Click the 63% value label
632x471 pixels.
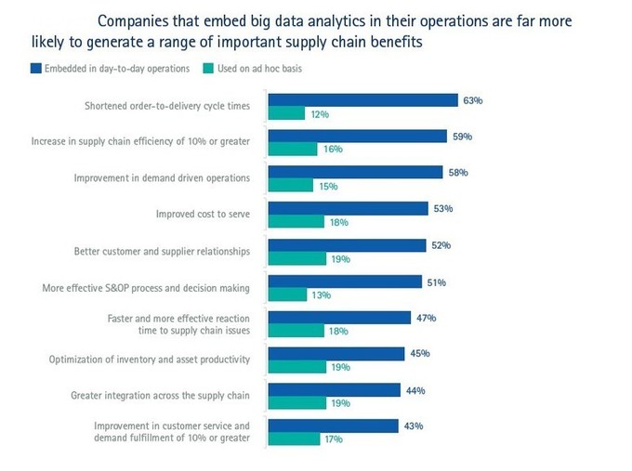coord(472,99)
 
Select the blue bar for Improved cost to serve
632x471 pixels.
coord(348,208)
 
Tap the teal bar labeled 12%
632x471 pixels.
coord(286,113)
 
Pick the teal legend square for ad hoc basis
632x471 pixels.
coord(209,68)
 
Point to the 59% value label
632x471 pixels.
coord(462,136)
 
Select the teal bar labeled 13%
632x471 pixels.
coord(287,294)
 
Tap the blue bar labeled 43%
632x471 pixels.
coord(333,425)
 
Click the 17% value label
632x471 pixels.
coord(333,439)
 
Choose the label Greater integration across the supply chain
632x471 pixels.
coord(160,396)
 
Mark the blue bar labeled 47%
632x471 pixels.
coord(339,317)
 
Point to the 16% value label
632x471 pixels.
coord(333,150)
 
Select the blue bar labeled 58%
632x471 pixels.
coord(355,172)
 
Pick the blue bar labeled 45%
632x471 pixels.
coord(336,353)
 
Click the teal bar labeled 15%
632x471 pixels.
coord(290,186)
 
